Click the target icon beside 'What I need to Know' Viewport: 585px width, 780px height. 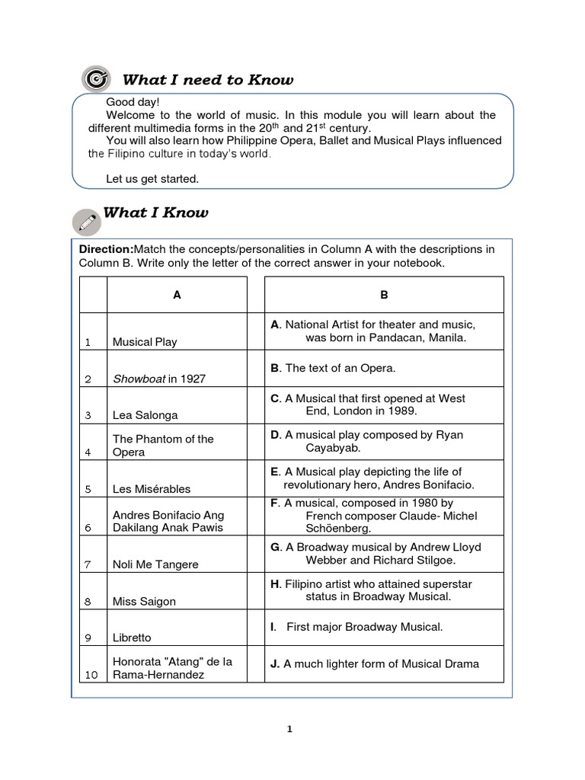point(94,78)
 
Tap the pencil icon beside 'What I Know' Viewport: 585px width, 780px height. point(86,222)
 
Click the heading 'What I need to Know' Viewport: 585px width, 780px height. point(207,80)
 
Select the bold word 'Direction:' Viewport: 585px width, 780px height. point(106,249)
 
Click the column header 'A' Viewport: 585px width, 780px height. point(177,295)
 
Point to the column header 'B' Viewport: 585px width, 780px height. point(384,295)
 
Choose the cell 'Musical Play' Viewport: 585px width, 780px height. point(145,342)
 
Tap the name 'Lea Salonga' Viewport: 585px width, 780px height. point(144,415)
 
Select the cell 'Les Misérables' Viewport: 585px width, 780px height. point(151,489)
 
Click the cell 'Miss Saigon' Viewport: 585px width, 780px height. point(144,601)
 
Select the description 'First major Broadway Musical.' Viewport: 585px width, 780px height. point(364,627)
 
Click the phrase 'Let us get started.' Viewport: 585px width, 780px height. point(152,178)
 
